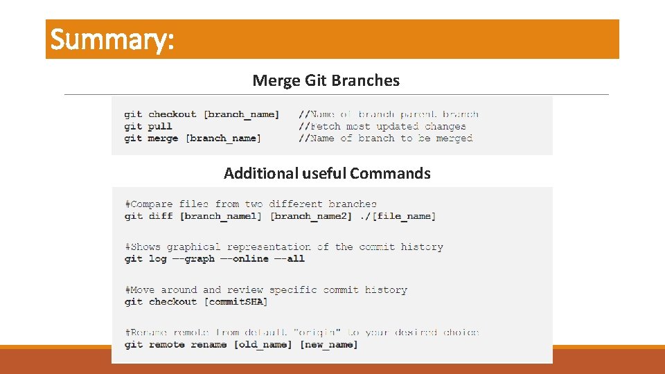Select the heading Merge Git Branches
(x=326, y=80)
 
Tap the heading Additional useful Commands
(x=327, y=173)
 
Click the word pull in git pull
(x=160, y=126)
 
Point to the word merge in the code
(x=163, y=138)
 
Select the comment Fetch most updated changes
(x=382, y=126)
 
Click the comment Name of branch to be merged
(x=386, y=138)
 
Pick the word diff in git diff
(x=160, y=216)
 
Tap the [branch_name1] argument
(x=221, y=216)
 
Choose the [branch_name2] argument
(x=312, y=216)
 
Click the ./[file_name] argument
(x=398, y=216)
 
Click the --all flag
(x=290, y=258)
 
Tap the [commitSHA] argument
(x=236, y=301)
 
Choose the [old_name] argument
(x=263, y=344)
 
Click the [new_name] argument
(x=329, y=344)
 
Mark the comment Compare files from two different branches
(x=251, y=204)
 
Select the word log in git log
(x=157, y=258)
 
